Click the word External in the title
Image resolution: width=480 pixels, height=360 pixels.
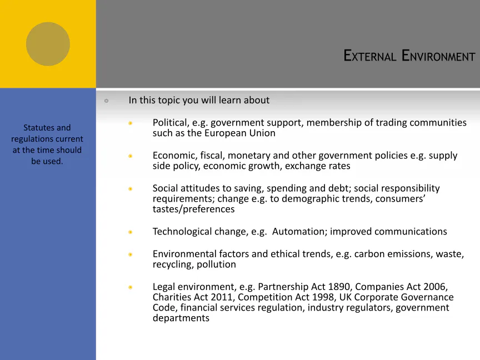point(370,56)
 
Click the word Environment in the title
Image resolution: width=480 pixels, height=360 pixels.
point(438,56)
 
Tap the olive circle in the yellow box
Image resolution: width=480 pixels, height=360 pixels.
point(48,44)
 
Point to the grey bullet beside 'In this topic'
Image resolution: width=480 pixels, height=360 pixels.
point(107,101)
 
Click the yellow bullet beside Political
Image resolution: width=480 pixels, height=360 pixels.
point(131,123)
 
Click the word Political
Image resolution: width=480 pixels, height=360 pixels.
point(171,123)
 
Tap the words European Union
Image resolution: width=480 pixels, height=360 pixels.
point(239,133)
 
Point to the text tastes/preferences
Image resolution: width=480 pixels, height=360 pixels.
point(193,209)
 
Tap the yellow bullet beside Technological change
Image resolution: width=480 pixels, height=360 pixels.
point(131,232)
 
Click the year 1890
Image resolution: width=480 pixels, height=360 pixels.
point(339,287)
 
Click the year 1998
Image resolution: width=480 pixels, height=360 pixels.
point(322,297)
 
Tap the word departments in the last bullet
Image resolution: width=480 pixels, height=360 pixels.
point(181,318)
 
